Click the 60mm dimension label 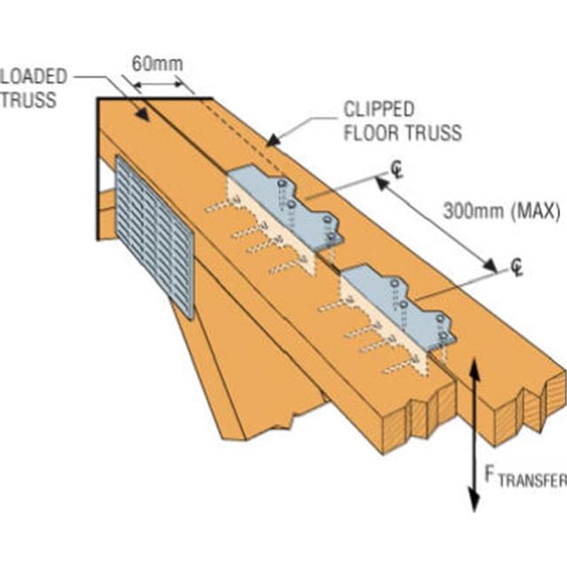(x=158, y=64)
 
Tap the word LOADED (x=34, y=77)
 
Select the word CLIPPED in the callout (x=379, y=109)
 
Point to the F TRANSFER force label (x=525, y=477)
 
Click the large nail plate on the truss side (x=154, y=237)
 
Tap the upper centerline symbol (x=398, y=171)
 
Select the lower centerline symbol (x=517, y=268)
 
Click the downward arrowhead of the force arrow (x=474, y=500)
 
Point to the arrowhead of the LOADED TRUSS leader (x=144, y=114)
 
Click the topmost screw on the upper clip (x=282, y=183)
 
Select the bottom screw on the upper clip (x=332, y=237)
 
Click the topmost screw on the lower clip (x=394, y=283)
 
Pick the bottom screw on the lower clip (x=443, y=336)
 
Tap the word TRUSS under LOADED (x=29, y=100)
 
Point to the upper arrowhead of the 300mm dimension (x=383, y=184)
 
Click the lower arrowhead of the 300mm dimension (x=491, y=266)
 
